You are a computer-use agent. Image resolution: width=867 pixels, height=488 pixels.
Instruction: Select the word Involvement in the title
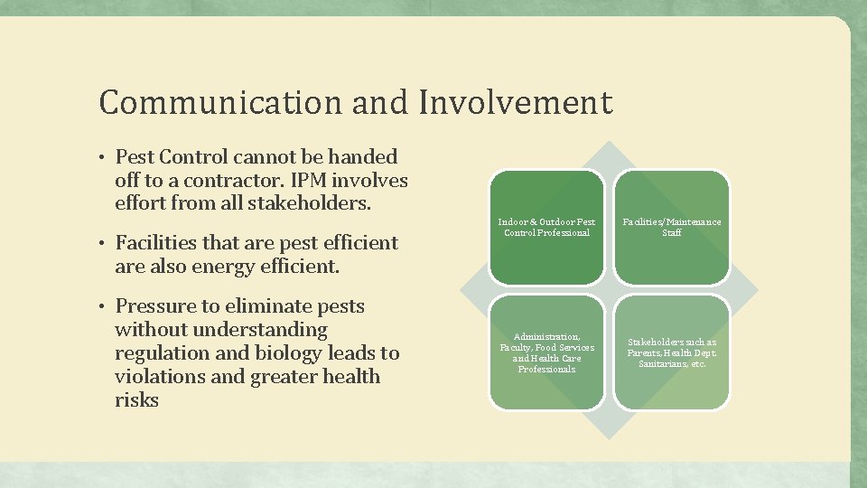point(515,102)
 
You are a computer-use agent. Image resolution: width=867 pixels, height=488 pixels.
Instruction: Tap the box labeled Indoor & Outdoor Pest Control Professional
point(546,227)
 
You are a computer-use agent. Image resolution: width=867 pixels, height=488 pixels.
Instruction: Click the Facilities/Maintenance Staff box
point(671,227)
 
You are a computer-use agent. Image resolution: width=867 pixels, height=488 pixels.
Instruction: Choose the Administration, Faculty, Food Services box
point(546,352)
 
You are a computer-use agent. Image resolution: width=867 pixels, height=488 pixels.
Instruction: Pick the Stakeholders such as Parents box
point(671,352)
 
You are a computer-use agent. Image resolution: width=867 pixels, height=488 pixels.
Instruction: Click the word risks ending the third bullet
point(136,400)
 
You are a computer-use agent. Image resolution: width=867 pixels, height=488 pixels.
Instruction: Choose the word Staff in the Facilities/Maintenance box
point(671,233)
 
